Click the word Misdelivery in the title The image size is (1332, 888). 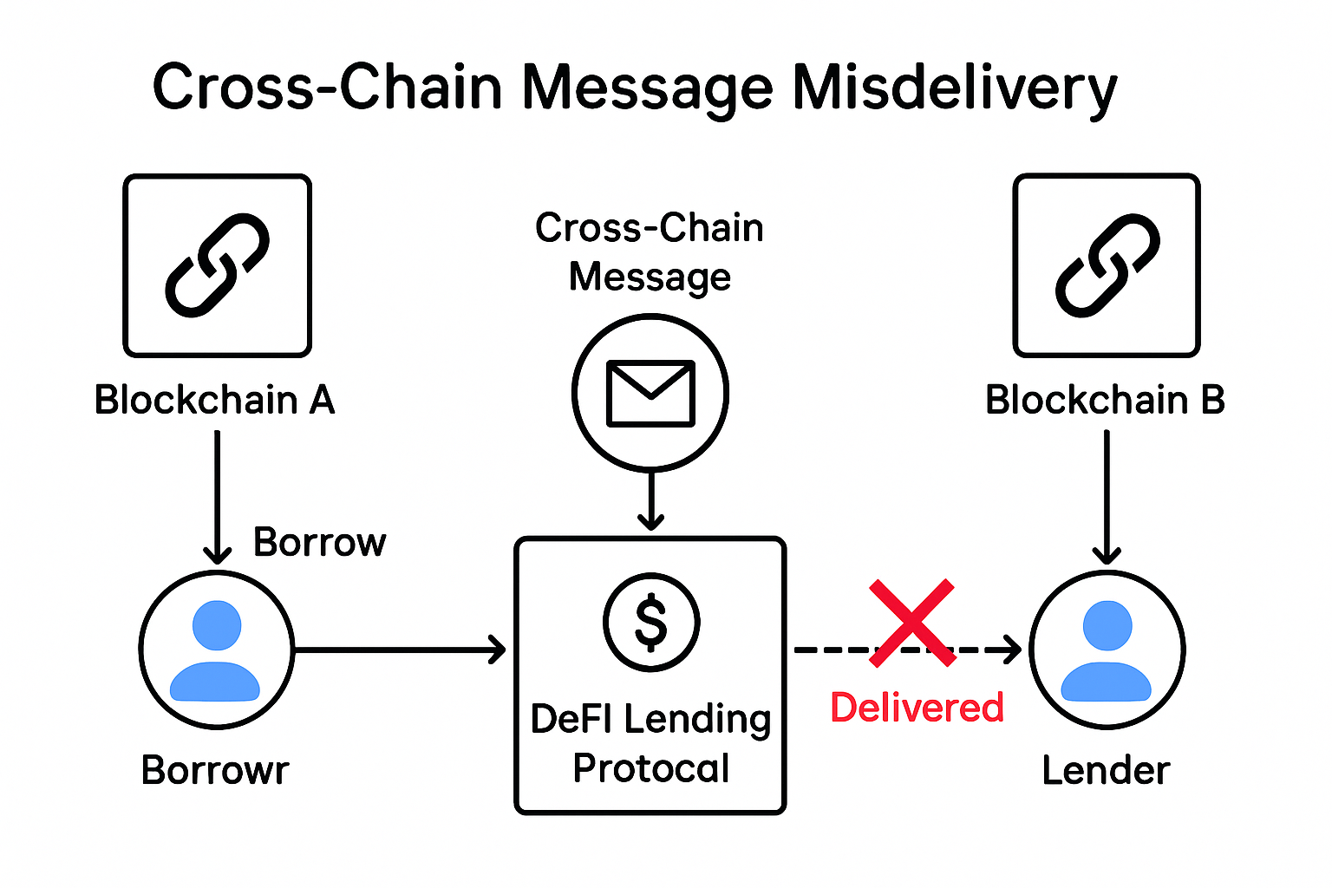tap(954, 88)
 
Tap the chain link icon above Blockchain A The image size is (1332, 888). tap(217, 264)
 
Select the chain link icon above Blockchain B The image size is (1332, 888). tap(1107, 264)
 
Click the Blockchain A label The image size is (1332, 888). tap(214, 400)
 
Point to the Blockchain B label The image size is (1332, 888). tap(1105, 400)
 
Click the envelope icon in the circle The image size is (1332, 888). tap(650, 393)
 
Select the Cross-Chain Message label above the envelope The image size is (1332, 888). tap(650, 251)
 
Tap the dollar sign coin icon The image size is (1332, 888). tap(650, 622)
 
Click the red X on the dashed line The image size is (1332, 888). tap(912, 623)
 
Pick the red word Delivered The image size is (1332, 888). tap(917, 707)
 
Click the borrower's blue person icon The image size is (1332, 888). tap(216, 650)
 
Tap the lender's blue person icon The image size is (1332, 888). tap(1107, 650)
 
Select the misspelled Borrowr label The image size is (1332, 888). tap(215, 770)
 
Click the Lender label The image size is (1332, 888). tap(1106, 770)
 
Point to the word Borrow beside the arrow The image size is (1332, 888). tap(319, 542)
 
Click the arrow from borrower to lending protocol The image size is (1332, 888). tap(399, 649)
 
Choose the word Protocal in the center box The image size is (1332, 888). tap(651, 767)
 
